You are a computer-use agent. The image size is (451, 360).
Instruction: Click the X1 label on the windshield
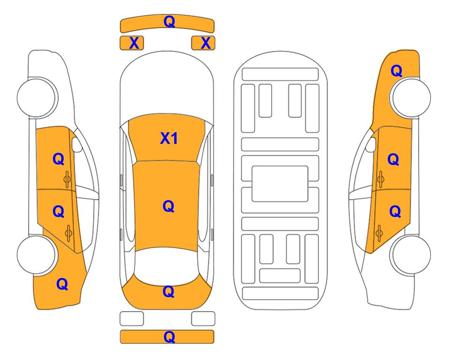click(169, 138)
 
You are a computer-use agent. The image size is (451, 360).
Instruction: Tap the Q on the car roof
click(169, 206)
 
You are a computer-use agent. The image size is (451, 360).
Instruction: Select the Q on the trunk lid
click(169, 292)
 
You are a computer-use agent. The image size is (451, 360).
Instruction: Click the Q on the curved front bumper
click(169, 21)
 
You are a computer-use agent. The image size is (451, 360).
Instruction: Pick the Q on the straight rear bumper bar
click(169, 337)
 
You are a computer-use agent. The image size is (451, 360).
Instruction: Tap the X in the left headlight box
click(134, 43)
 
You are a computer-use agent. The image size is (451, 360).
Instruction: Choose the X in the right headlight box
click(206, 43)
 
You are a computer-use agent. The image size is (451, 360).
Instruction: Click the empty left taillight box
click(132, 319)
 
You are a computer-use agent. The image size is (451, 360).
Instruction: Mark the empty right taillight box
click(203, 319)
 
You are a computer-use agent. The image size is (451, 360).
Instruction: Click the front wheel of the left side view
click(37, 97)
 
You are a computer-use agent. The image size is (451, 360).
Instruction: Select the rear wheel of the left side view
click(37, 255)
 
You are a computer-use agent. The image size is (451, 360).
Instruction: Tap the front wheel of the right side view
click(411, 97)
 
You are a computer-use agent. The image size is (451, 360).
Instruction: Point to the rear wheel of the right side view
click(411, 255)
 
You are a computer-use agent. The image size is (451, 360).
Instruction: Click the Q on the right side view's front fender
click(396, 71)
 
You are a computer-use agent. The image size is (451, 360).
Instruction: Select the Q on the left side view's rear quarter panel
click(62, 284)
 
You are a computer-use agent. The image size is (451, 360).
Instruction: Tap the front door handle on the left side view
click(67, 179)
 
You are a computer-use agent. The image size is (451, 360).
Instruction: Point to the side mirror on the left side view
click(77, 144)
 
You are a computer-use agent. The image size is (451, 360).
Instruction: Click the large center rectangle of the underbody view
click(280, 184)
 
